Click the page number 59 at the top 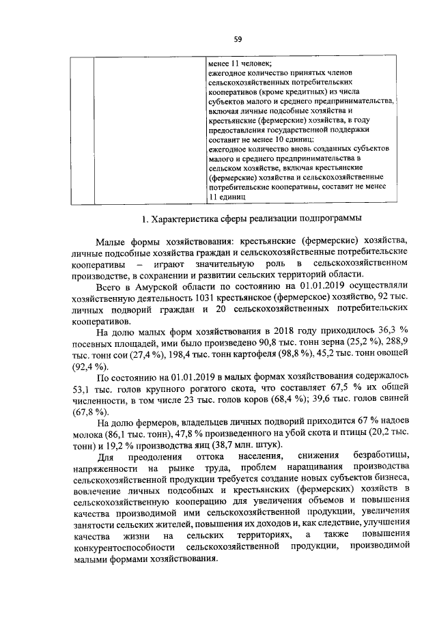pos(238,39)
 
